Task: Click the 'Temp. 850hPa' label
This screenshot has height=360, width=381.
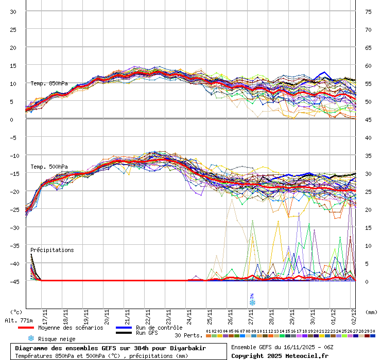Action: tap(49, 83)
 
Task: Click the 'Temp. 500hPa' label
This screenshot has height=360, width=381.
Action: tap(49, 167)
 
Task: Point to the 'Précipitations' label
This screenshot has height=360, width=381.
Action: tap(52, 250)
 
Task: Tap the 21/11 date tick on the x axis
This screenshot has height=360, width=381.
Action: tap(127, 314)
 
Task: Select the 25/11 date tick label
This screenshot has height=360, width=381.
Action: tap(210, 314)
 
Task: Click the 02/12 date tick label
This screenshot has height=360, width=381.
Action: tap(354, 314)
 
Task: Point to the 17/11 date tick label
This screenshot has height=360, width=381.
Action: tap(45, 314)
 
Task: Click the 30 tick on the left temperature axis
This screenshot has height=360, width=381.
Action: tap(13, 11)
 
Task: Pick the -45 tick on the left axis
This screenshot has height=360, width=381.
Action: tap(13, 281)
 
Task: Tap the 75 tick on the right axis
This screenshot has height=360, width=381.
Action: tap(368, 11)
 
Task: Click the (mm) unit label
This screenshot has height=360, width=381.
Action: tap(371, 312)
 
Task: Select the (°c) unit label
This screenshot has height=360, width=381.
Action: tap(16, 312)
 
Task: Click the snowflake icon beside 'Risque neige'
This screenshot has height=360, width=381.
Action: tap(31, 338)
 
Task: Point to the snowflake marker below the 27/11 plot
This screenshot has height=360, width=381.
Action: tap(252, 302)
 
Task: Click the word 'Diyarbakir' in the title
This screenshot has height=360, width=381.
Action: tap(189, 348)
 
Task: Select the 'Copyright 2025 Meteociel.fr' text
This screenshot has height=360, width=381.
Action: tap(280, 356)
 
